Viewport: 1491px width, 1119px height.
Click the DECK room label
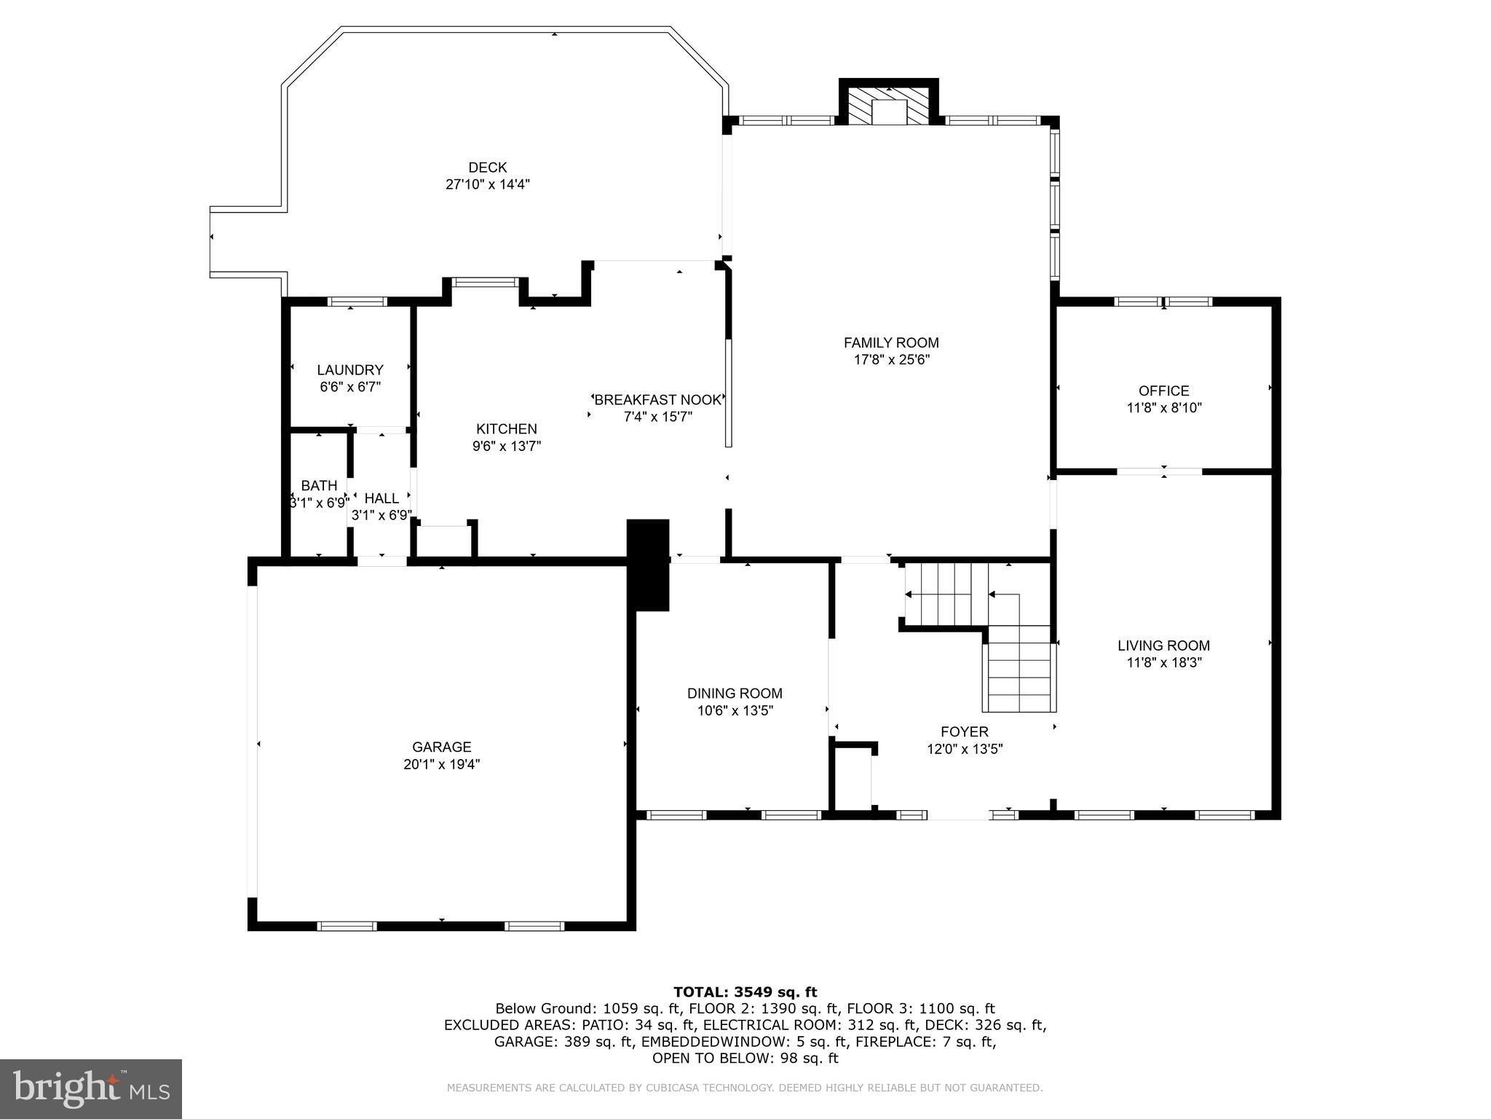tap(487, 168)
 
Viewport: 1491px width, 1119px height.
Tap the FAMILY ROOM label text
tap(891, 342)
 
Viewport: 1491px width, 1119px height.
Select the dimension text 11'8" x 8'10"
tap(1163, 408)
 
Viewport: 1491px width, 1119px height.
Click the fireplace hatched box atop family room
tap(889, 106)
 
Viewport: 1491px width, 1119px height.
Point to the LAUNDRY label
tap(349, 369)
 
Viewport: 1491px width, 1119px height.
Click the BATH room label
tap(319, 485)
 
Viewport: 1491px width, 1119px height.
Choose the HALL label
tap(381, 498)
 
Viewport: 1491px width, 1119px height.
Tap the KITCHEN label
tap(506, 429)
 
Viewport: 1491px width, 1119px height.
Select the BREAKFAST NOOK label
tap(657, 400)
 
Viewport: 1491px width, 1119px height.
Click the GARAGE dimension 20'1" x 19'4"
tap(441, 764)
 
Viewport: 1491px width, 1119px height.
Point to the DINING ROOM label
tap(735, 694)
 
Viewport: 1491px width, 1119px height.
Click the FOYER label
tap(964, 731)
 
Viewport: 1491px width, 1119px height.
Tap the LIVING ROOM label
tap(1163, 645)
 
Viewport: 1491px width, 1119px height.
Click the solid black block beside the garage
tap(648, 565)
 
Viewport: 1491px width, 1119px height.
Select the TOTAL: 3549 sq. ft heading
tap(745, 992)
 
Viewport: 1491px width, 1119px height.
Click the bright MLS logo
tap(91, 1088)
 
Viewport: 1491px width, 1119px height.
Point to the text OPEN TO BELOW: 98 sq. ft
tap(745, 1058)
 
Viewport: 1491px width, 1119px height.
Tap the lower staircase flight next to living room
tap(1019, 678)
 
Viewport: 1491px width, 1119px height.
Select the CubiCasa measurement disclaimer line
tap(745, 1088)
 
